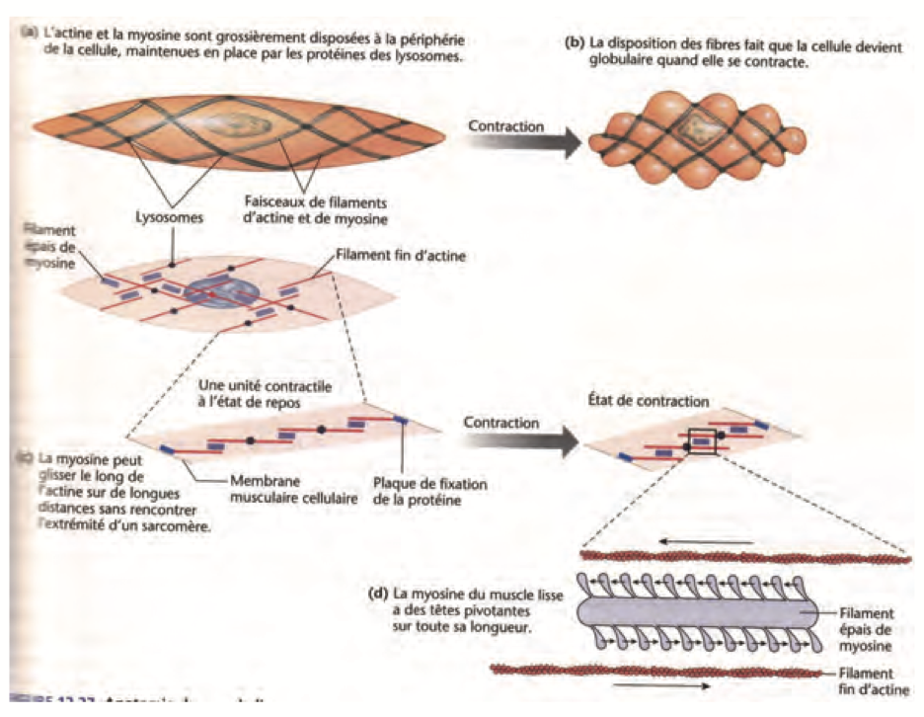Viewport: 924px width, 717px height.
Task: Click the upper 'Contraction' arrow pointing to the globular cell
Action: (x=522, y=142)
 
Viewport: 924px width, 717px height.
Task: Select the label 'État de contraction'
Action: (x=646, y=402)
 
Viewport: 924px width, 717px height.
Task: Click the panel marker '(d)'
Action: (x=375, y=595)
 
